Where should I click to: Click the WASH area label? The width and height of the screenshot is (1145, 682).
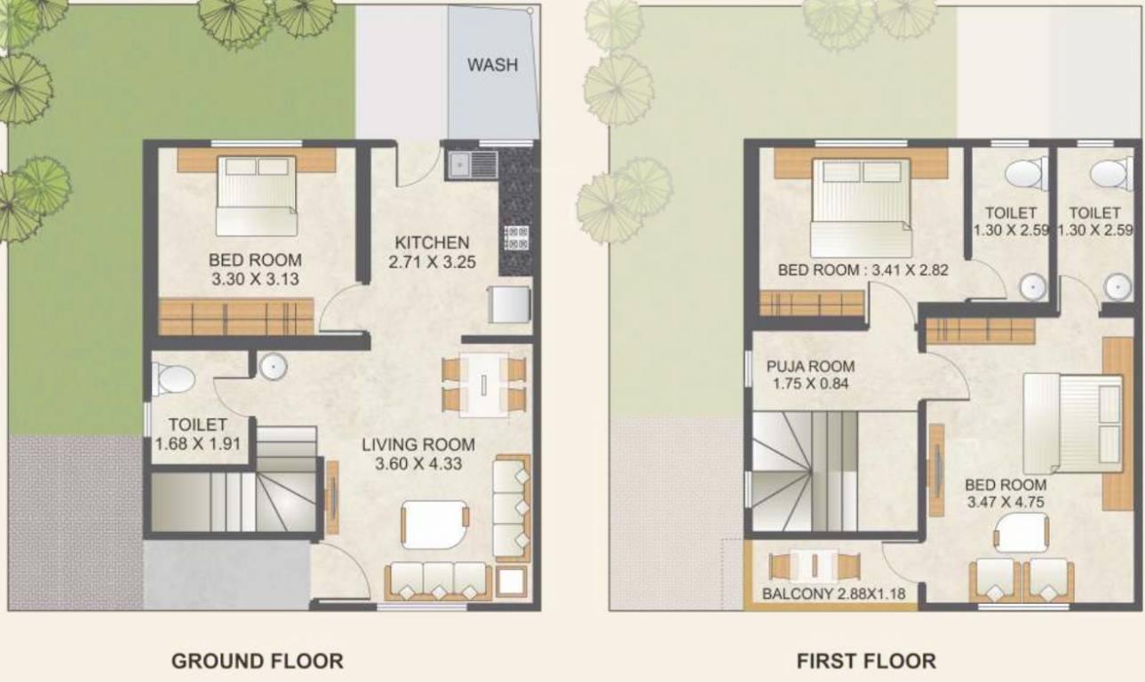pos(492,65)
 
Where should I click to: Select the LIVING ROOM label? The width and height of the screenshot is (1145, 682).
pos(418,445)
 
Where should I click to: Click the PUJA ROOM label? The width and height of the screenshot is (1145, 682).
pos(810,366)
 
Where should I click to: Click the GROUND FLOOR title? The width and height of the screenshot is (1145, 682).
pos(257,661)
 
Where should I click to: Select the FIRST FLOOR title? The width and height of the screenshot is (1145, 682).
pos(865,661)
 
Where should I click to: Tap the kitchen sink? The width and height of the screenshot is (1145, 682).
pos(473,163)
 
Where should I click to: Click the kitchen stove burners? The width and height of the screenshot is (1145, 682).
pos(516,237)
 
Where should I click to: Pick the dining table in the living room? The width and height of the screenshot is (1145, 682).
pos(483,385)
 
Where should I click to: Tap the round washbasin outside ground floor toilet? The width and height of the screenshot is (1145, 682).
pos(272,366)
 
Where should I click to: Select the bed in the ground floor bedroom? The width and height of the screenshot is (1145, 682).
pos(256,195)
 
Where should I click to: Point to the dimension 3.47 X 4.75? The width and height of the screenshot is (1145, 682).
pos(1005,502)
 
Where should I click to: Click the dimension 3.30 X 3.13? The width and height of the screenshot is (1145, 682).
pos(254,278)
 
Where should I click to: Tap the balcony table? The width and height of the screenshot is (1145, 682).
pos(815,566)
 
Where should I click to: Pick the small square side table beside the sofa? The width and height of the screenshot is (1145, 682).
pos(512,581)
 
